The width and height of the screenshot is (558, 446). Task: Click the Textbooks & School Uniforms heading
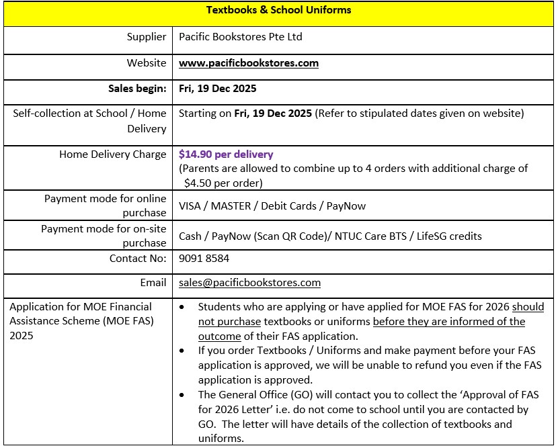click(x=278, y=10)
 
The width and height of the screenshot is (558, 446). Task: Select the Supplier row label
click(x=146, y=37)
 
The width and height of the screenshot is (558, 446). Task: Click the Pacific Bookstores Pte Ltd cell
click(x=240, y=37)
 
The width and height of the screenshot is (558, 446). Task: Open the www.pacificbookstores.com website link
click(x=248, y=63)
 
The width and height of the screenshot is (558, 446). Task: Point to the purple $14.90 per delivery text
click(x=226, y=154)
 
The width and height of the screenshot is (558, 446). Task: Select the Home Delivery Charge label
click(x=112, y=154)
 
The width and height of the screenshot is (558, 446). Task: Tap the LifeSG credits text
click(x=449, y=236)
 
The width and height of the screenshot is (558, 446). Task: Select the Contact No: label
click(x=137, y=258)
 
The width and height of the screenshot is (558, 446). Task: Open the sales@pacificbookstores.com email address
click(x=249, y=283)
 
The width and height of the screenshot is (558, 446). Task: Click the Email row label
click(x=153, y=283)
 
